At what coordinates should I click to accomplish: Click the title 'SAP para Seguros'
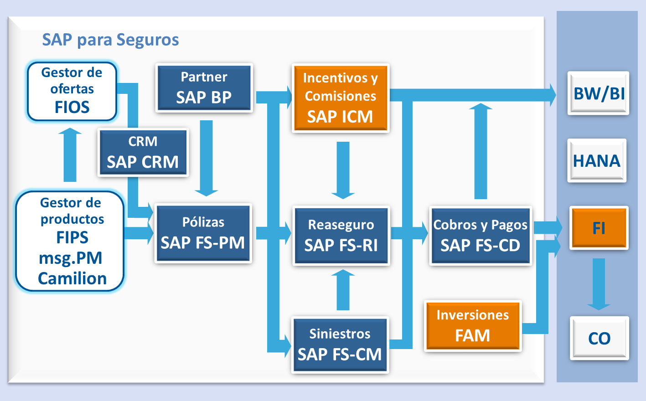[x=110, y=40]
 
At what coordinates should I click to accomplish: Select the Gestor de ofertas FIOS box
[x=72, y=91]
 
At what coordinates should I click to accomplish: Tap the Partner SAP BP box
[x=204, y=88]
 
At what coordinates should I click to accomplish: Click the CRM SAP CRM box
[x=143, y=153]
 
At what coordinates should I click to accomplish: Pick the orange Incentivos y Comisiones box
[x=340, y=98]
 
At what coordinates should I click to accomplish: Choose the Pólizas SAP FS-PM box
[x=203, y=233]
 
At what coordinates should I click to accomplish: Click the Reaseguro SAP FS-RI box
[x=341, y=236]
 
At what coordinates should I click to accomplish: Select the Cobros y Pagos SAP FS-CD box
[x=481, y=236]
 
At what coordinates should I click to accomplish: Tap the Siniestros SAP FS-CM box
[x=340, y=345]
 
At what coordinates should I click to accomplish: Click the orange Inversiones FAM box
[x=473, y=326]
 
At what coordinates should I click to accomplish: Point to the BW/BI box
[x=599, y=93]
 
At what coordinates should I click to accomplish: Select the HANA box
[x=597, y=161]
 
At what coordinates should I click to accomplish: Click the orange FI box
[x=599, y=228]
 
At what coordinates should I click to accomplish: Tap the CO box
[x=599, y=338]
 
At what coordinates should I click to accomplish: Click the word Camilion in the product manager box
[x=72, y=278]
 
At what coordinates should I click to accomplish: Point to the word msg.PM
[x=71, y=258]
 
